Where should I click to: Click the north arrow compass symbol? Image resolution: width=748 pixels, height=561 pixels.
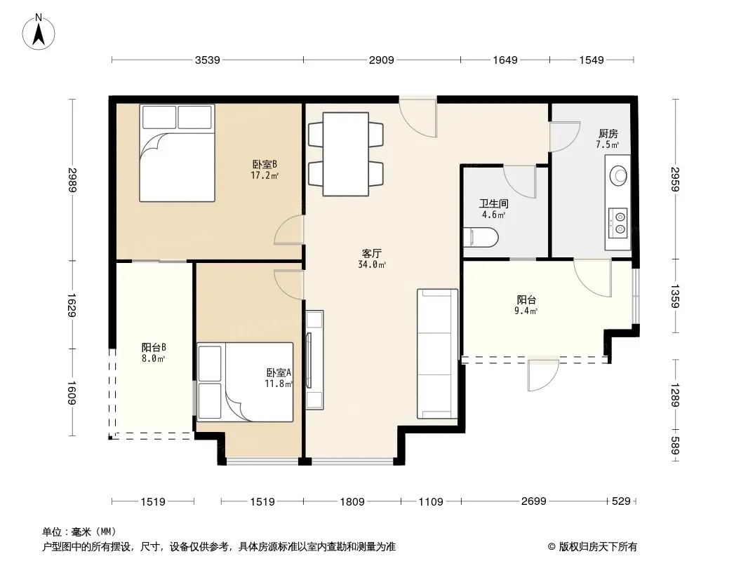coord(39,32)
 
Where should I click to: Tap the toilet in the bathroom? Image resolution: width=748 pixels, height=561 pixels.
coord(481,237)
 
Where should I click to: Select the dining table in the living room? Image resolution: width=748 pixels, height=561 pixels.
coord(345,154)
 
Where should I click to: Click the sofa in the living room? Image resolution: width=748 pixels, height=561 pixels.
coord(437,353)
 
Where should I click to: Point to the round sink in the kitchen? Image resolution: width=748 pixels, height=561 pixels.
coord(619,176)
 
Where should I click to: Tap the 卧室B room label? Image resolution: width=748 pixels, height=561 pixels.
coord(265,164)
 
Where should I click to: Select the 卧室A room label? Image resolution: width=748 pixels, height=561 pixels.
coord(279,373)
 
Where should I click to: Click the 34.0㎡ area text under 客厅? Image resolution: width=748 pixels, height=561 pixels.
coord(372,264)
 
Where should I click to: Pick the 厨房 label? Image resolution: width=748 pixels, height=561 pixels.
coord(608,134)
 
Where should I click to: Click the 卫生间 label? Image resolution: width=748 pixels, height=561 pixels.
coord(494,204)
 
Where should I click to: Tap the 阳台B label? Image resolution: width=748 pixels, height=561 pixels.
coord(154,347)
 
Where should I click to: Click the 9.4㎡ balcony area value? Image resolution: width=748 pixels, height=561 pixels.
coord(526,311)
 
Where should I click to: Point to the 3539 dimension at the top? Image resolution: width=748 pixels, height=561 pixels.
coord(208,60)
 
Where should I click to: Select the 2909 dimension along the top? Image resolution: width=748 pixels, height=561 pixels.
coord(382,60)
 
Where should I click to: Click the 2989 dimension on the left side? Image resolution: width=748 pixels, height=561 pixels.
coord(72,180)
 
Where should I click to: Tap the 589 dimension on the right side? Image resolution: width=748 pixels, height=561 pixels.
coord(675,446)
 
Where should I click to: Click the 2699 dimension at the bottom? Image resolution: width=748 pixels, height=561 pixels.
coord(533,501)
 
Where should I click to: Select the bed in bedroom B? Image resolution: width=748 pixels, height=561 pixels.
coord(177,153)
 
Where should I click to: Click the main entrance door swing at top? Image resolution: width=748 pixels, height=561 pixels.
coord(418,117)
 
